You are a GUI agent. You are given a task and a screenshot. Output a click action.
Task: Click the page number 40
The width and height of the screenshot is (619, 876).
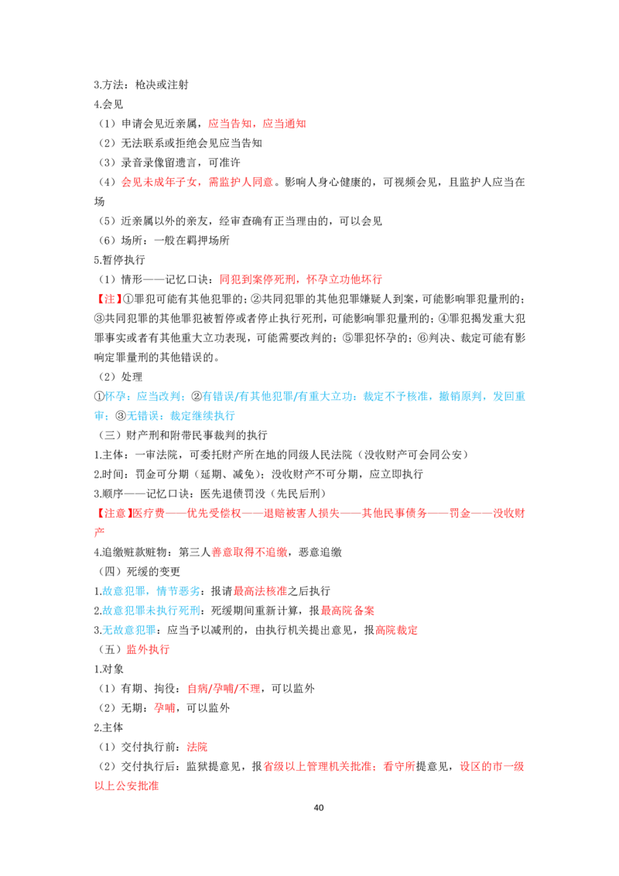pyautogui.click(x=319, y=807)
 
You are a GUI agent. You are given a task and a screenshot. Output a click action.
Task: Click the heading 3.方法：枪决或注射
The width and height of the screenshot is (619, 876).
pyautogui.click(x=142, y=85)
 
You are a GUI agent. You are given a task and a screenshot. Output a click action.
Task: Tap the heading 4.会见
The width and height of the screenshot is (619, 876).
pyautogui.click(x=108, y=104)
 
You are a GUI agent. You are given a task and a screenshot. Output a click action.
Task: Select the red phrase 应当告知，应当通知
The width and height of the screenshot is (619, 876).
pyautogui.click(x=257, y=124)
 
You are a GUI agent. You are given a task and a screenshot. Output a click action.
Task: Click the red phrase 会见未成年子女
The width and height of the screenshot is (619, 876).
pyautogui.click(x=159, y=182)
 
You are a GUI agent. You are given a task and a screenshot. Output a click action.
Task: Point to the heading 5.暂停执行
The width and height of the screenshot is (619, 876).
pyautogui.click(x=120, y=260)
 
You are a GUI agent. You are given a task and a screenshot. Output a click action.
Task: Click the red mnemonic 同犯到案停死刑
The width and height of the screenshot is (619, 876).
pyautogui.click(x=258, y=279)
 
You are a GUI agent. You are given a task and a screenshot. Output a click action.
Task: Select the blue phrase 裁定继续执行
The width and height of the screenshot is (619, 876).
pyautogui.click(x=202, y=416)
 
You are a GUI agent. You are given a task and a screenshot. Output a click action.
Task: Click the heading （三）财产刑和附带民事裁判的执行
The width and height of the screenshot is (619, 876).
pyautogui.click(x=181, y=435)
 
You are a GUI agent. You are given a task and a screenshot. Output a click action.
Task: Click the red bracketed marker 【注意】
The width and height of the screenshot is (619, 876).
pyautogui.click(x=114, y=513)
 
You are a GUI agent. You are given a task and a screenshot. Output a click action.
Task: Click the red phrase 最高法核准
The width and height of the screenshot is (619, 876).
pyautogui.click(x=260, y=591)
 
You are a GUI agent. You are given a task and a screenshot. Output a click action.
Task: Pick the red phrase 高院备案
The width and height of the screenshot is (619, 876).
pyautogui.click(x=347, y=611)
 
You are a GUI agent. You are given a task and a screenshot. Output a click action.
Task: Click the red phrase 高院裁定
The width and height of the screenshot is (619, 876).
pyautogui.click(x=397, y=630)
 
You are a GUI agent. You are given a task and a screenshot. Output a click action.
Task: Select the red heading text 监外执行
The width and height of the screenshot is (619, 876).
pyautogui.click(x=148, y=650)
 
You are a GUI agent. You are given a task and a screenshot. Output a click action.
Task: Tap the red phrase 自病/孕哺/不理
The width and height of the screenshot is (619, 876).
pyautogui.click(x=224, y=689)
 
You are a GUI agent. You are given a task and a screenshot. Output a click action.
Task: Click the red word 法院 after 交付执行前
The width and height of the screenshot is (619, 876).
pyautogui.click(x=197, y=747)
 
